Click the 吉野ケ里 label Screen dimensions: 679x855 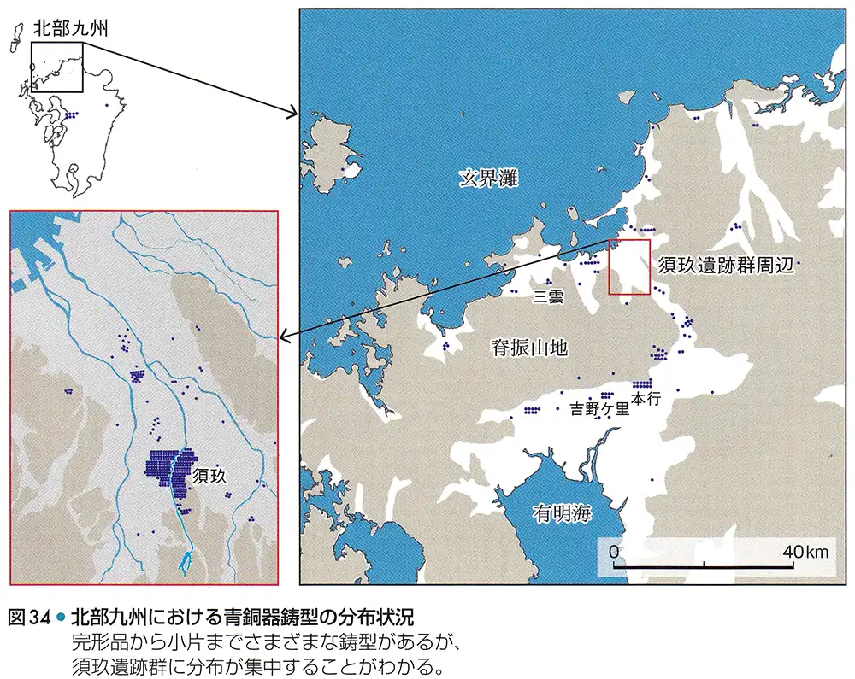click(600, 408)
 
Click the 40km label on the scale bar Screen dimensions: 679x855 click(805, 552)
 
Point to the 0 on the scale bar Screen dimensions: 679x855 click(614, 552)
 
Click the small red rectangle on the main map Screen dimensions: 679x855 click(629, 267)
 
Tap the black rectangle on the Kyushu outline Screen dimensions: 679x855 click(56, 66)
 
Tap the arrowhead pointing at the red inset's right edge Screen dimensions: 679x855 click(284, 339)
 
